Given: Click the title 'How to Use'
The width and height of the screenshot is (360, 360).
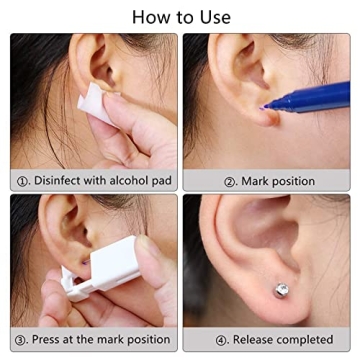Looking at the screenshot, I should [x=181, y=16].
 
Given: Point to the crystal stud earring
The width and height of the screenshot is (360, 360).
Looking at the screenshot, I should [x=283, y=291].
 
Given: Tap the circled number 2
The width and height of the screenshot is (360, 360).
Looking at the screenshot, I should [x=229, y=181].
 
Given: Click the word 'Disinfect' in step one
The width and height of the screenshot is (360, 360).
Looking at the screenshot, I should [x=61, y=181].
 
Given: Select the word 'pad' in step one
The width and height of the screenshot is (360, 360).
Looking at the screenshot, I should [x=164, y=181].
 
